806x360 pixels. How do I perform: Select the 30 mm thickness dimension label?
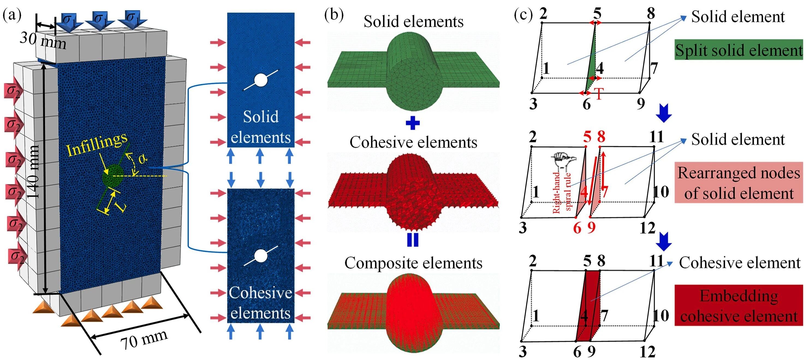point(43,41)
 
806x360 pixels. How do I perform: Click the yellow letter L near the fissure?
point(121,206)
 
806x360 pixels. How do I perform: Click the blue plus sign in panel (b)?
point(413,123)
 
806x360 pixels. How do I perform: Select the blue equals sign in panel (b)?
point(413,240)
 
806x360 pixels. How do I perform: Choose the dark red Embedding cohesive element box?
point(738,306)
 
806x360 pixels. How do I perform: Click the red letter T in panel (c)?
point(599,94)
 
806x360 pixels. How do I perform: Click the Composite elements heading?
point(413,263)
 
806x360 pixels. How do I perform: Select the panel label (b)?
point(334,15)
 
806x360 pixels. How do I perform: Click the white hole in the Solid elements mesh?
point(261,80)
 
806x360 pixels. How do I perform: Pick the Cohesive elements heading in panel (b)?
point(413,142)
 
